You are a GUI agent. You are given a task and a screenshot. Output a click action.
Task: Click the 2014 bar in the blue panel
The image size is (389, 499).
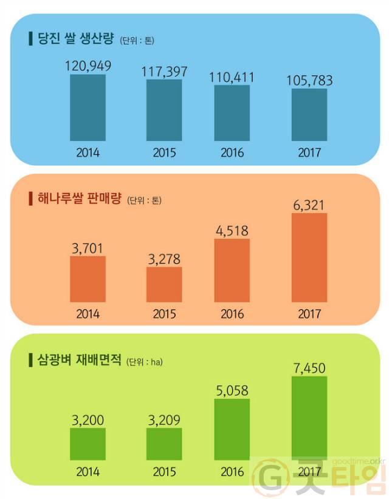pyautogui.click(x=88, y=107)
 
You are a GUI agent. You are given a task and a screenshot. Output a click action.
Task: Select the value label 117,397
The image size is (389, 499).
pyautogui.click(x=164, y=72)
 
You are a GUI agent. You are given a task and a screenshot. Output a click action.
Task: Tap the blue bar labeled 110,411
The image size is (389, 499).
pyautogui.click(x=232, y=113)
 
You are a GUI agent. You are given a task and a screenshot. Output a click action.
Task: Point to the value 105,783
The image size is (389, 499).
pyautogui.click(x=309, y=81)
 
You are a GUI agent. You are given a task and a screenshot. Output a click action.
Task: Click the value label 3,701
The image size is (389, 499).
pyautogui.click(x=88, y=248)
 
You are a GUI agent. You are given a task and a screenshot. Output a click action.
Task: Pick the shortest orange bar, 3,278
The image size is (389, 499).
pyautogui.click(x=164, y=284)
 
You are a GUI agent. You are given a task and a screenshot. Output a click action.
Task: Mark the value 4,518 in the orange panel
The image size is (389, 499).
pyautogui.click(x=232, y=231)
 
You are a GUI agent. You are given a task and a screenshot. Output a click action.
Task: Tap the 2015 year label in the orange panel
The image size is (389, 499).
pyautogui.click(x=164, y=314)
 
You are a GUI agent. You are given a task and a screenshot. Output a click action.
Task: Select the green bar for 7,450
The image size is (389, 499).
pyautogui.click(x=309, y=418)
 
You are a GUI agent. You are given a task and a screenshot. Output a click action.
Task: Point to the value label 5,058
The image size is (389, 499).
pyautogui.click(x=232, y=390)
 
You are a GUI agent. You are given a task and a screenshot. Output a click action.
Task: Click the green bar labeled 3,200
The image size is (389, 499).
pyautogui.click(x=88, y=444)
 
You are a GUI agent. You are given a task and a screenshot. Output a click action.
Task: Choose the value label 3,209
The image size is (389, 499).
pyautogui.click(x=164, y=419)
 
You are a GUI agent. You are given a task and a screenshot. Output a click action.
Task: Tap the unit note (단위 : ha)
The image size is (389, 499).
pyautogui.click(x=145, y=362)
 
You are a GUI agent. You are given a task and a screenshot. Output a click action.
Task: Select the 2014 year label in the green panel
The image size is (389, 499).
pyautogui.click(x=88, y=471)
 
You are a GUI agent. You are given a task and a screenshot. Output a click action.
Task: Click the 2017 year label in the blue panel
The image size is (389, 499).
pyautogui.click(x=309, y=152)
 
